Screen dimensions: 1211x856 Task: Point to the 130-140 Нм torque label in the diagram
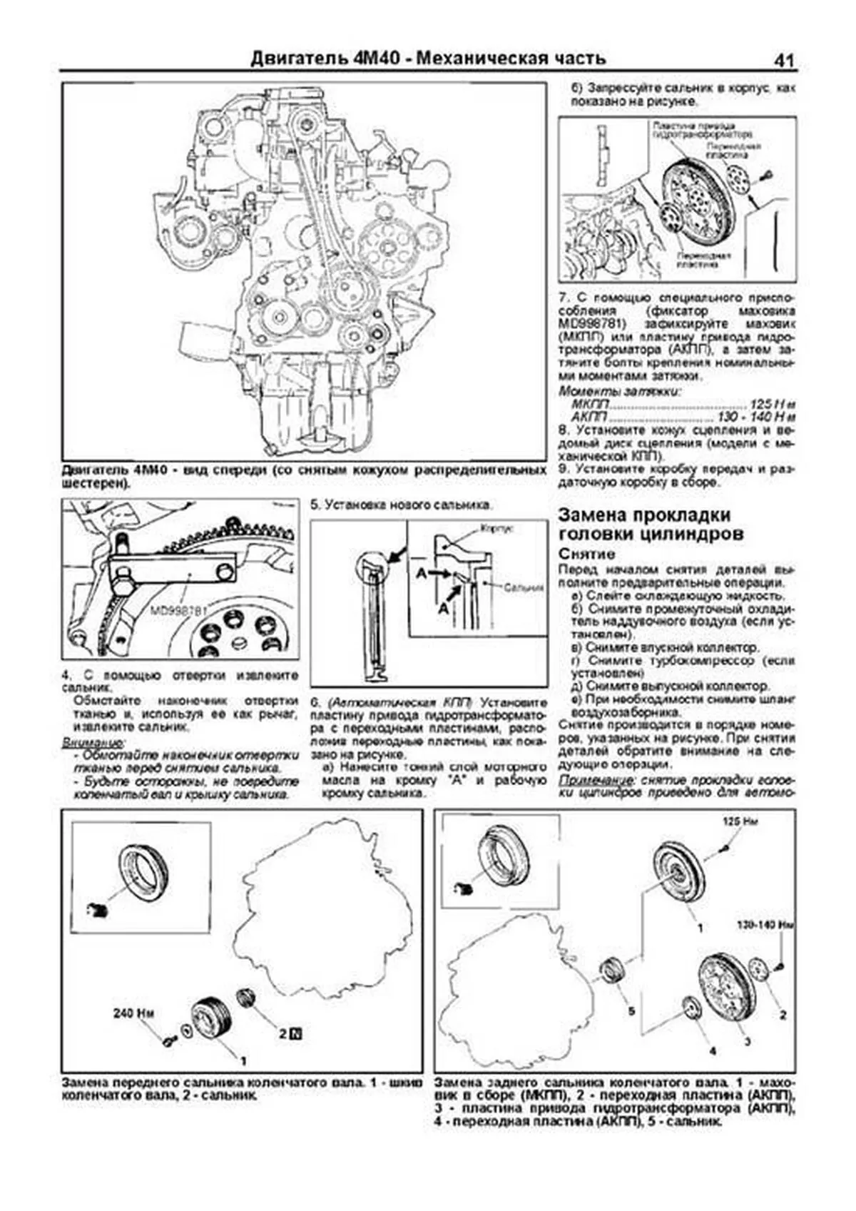coord(765,925)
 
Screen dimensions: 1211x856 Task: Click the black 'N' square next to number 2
coord(296,1033)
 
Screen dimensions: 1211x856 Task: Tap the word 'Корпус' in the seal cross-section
coord(497,530)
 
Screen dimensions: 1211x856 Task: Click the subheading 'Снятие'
coord(586,554)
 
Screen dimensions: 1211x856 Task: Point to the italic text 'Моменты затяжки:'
coord(618,391)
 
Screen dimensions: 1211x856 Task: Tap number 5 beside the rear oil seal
coord(631,1010)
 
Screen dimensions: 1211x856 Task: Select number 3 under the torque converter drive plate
coord(747,1042)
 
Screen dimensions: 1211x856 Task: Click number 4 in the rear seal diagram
coord(712,1050)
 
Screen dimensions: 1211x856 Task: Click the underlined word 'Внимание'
coord(92,743)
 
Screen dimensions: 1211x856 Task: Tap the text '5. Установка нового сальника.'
coord(401,505)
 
